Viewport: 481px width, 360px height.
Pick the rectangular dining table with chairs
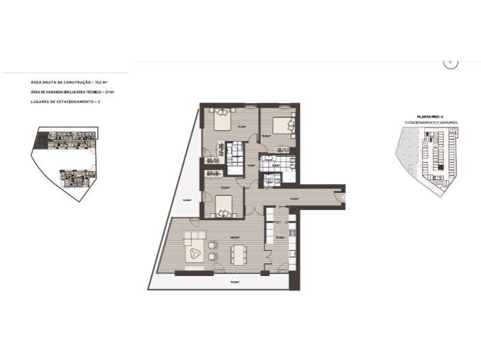pos(239,255)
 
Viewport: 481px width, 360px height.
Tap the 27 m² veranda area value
pos(109,91)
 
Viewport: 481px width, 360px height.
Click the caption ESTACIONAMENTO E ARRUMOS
pos(431,123)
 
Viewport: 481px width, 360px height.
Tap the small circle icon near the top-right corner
pos(450,62)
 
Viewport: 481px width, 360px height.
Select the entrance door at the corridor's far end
pos(345,197)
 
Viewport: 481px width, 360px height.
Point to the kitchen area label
pos(280,237)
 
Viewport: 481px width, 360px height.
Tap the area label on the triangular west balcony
pos(186,200)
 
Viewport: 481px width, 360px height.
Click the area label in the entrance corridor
pos(295,198)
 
